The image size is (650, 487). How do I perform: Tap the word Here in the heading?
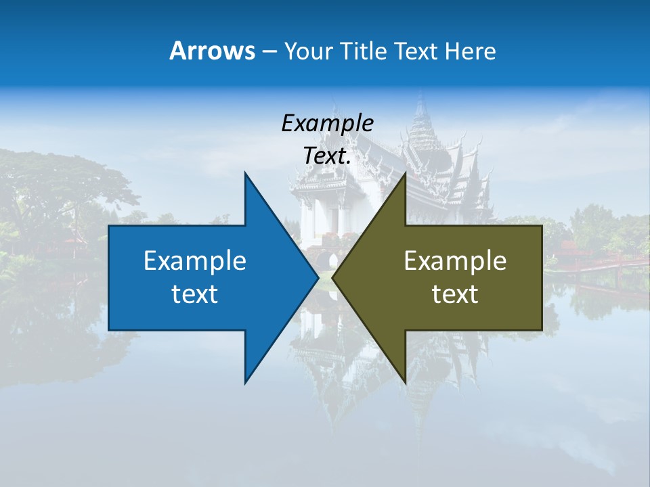(x=470, y=51)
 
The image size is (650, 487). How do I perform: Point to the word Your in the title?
(x=307, y=51)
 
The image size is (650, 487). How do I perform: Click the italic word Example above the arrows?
(x=327, y=123)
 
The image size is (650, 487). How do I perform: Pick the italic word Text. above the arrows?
(x=327, y=156)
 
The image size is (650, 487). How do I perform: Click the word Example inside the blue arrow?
(x=195, y=260)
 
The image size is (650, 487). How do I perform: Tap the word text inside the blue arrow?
(x=195, y=294)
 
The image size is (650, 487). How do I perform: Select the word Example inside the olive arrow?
(x=455, y=260)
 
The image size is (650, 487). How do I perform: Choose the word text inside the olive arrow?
(x=455, y=294)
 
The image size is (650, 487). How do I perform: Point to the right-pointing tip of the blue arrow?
(x=318, y=277)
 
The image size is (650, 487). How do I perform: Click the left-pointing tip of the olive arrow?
(x=333, y=277)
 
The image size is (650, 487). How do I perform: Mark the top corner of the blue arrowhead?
(x=245, y=173)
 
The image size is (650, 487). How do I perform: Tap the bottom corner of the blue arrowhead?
(x=245, y=383)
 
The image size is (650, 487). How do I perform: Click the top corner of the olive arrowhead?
(x=405, y=173)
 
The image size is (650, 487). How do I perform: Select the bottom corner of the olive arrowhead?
(x=405, y=383)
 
